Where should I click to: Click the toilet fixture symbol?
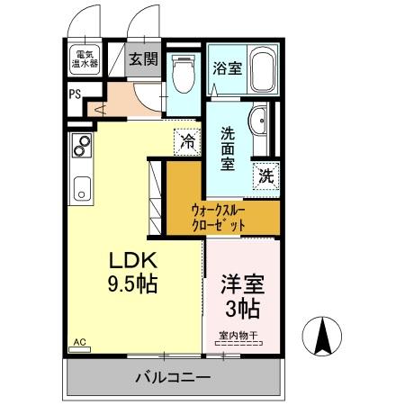[x=184, y=74]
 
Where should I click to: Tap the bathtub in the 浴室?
[x=263, y=69]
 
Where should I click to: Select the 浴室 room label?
[x=227, y=68]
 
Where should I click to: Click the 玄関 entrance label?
[x=143, y=59]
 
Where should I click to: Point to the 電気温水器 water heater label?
[x=85, y=58]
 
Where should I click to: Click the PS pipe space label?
[x=75, y=94]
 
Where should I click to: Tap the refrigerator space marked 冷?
[x=187, y=142]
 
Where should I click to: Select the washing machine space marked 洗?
[x=266, y=176]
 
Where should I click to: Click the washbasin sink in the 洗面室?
[x=257, y=121]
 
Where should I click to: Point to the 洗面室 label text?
[x=228, y=148]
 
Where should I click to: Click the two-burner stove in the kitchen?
[x=82, y=146]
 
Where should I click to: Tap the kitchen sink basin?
[x=82, y=189]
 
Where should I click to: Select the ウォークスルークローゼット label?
[x=219, y=218]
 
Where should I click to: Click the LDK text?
[x=133, y=260]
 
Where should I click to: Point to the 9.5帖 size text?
[x=132, y=284]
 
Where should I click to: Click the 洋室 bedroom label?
[x=243, y=284]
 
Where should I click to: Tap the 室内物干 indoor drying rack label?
[x=238, y=336]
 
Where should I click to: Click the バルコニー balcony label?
[x=173, y=377]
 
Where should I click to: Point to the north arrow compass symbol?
[x=322, y=337]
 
